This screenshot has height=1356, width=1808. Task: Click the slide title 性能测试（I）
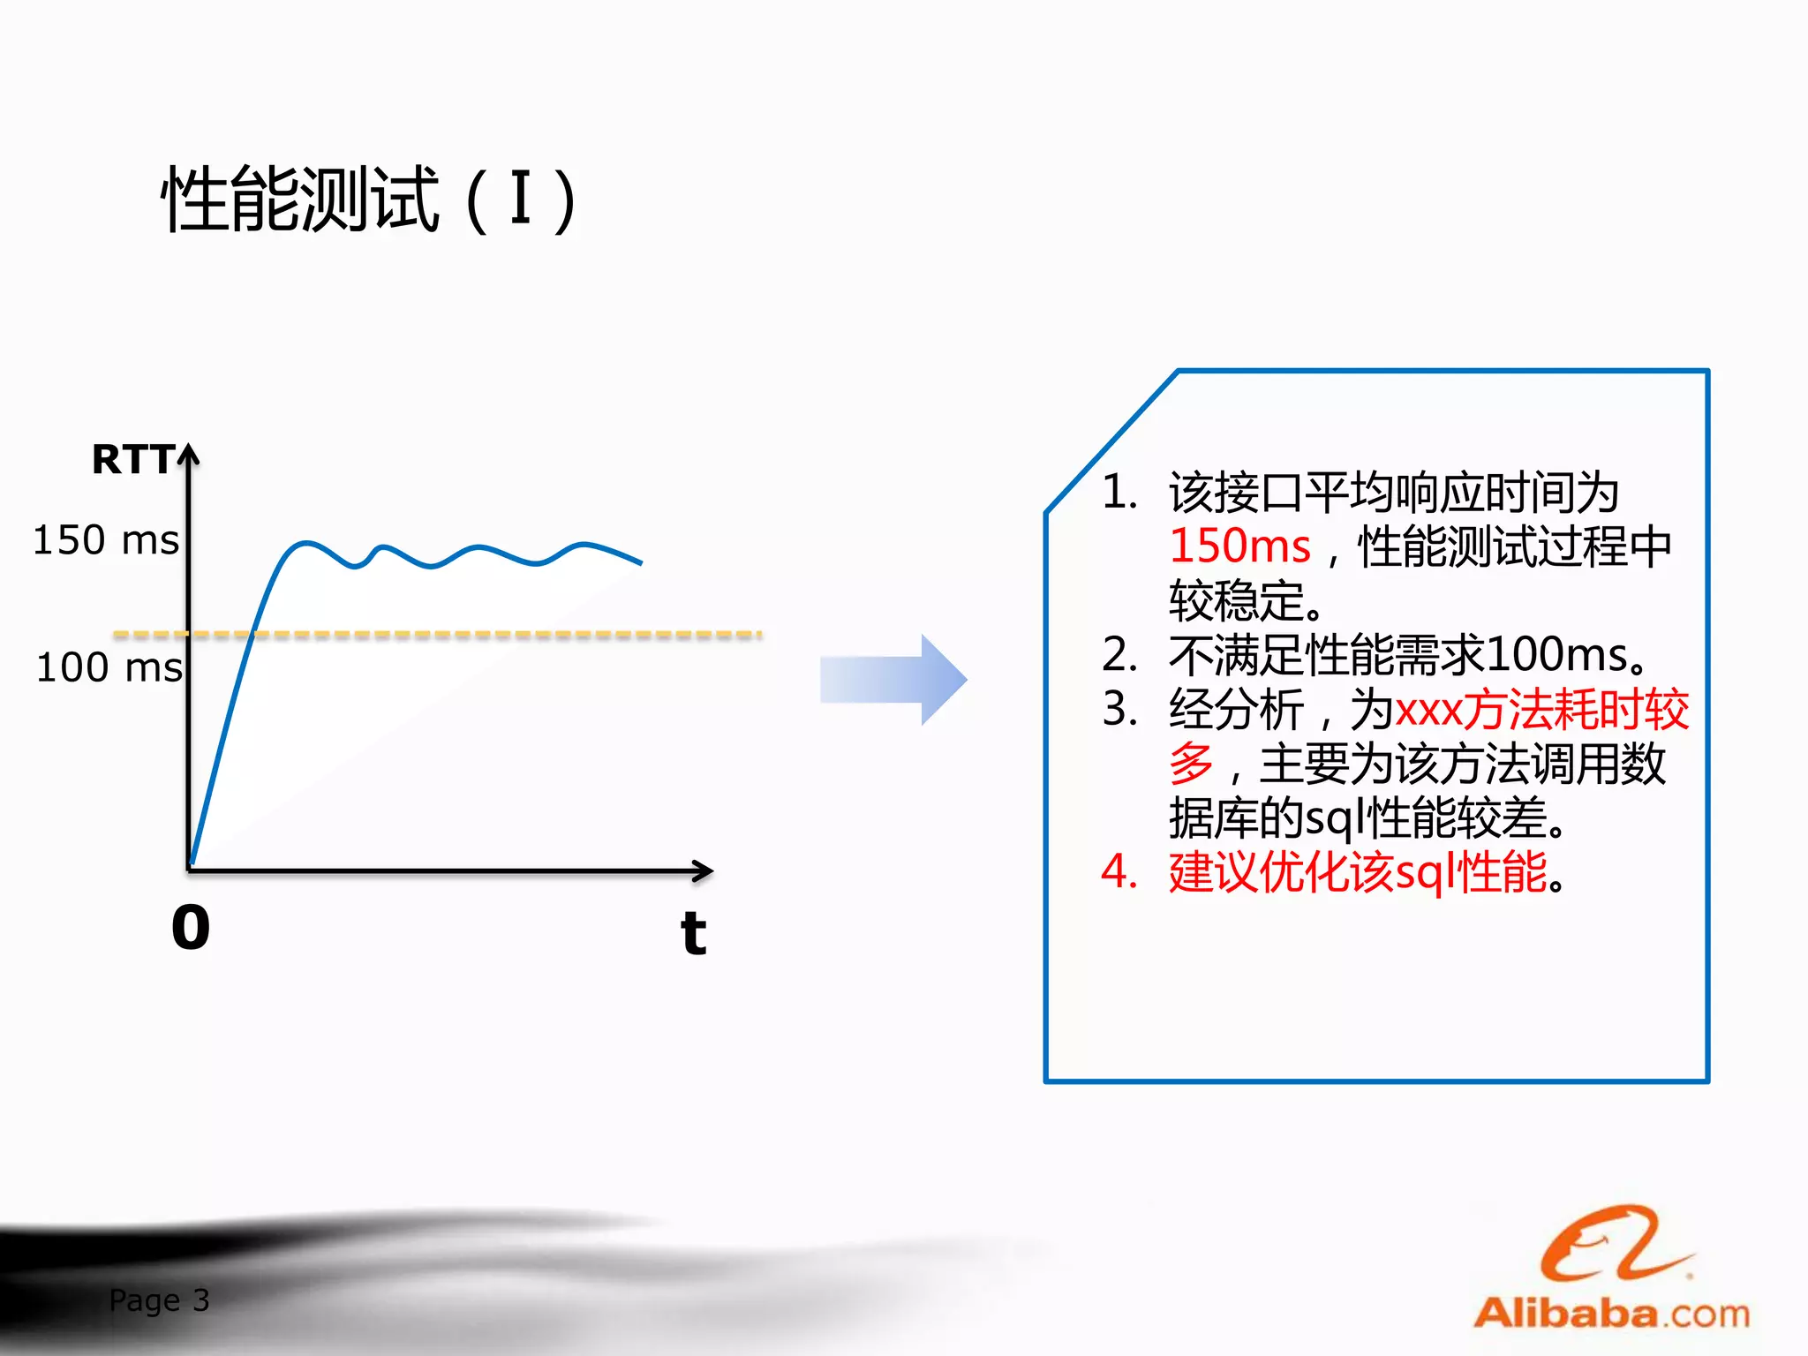click(x=369, y=201)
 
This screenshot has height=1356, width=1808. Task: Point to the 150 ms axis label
click(x=106, y=540)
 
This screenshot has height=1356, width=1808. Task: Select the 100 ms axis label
click(x=109, y=667)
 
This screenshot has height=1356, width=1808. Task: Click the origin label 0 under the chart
click(x=191, y=928)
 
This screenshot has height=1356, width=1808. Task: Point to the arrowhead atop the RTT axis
click(x=189, y=455)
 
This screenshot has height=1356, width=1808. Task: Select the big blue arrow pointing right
click(x=893, y=680)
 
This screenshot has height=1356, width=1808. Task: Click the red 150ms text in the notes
click(x=1239, y=546)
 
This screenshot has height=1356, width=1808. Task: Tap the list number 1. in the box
click(x=1119, y=492)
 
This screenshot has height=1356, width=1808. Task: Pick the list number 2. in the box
click(x=1119, y=655)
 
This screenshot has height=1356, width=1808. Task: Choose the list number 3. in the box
click(x=1119, y=709)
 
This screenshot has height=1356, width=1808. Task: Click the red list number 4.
click(x=1119, y=872)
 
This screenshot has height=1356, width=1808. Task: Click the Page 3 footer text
click(x=159, y=1300)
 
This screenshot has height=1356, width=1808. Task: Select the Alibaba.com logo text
click(x=1612, y=1314)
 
